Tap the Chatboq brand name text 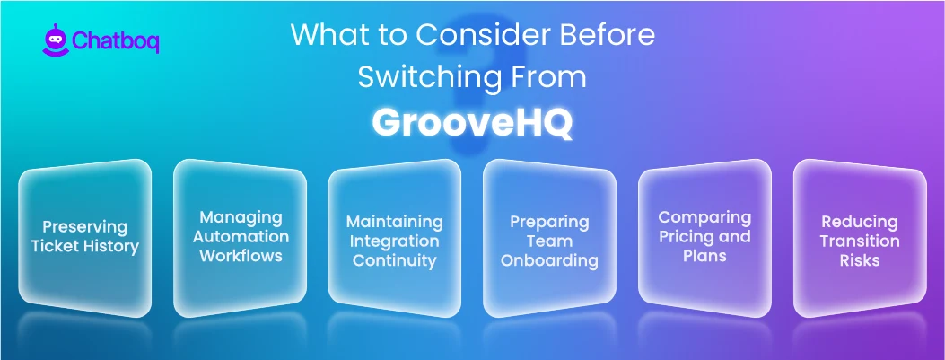[x=115, y=41]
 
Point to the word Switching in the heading [x=418, y=77]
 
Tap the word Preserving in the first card [x=84, y=226]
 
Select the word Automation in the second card [x=241, y=236]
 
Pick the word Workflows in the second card [x=241, y=256]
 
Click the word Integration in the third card [x=395, y=241]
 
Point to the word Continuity [x=395, y=260]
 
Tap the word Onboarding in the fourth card [x=549, y=260]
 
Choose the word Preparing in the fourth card [x=549, y=221]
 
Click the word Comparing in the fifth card [x=704, y=216]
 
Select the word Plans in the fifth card [x=704, y=256]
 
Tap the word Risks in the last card [x=859, y=260]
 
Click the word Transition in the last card [x=859, y=241]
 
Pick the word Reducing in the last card [x=859, y=221]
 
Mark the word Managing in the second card [x=241, y=216]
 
